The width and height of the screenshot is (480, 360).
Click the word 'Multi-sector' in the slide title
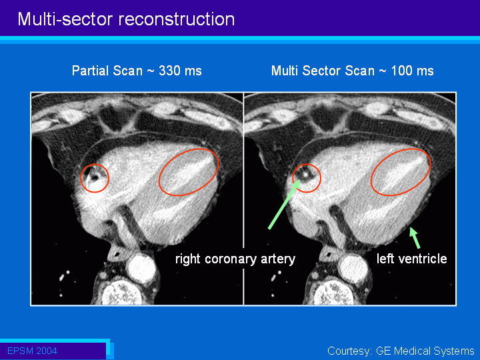pos(65,19)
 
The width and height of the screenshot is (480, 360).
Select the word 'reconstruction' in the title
pos(177,19)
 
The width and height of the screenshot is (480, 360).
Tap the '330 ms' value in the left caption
pos(180,71)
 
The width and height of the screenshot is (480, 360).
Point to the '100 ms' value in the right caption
pos(413,71)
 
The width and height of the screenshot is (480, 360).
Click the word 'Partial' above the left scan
pos(90,71)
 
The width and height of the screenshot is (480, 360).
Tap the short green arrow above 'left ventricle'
pos(415,237)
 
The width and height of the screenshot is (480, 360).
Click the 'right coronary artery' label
pos(235,259)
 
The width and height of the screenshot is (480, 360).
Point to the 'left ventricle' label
pos(412,259)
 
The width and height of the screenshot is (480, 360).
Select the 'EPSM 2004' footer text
pos(32,351)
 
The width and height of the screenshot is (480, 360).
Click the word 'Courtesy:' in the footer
pos(349,351)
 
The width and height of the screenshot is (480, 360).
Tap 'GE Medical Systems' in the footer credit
pos(425,351)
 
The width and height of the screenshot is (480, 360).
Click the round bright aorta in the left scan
pos(141,268)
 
